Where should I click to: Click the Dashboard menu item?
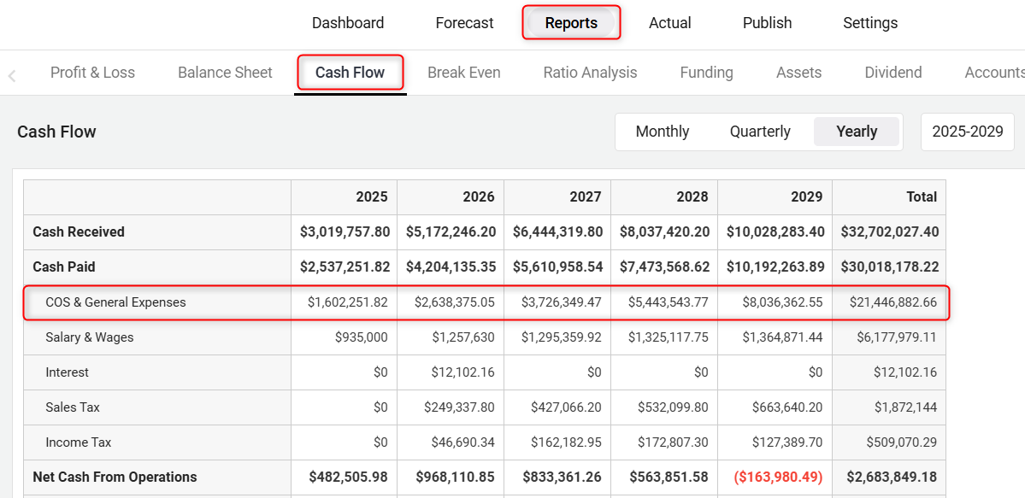pos(348,23)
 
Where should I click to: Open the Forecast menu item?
pos(464,23)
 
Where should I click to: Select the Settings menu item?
pos(870,23)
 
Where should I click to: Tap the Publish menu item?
pos(767,23)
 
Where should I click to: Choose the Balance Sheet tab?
pos(225,73)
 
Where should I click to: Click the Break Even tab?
pos(464,73)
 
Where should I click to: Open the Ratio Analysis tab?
pos(590,73)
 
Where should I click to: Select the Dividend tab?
pos(893,73)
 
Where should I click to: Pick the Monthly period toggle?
pos(663,132)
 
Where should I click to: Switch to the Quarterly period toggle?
pos(760,132)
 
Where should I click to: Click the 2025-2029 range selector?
pos(968,132)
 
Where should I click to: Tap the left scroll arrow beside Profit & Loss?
pos(12,75)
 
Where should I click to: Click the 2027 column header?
pos(586,196)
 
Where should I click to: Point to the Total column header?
pos(922,196)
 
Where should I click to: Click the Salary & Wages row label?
pos(90,337)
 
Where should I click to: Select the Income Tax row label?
pos(79,442)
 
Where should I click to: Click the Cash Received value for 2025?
pos(345,231)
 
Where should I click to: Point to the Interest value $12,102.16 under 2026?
pos(462,372)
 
